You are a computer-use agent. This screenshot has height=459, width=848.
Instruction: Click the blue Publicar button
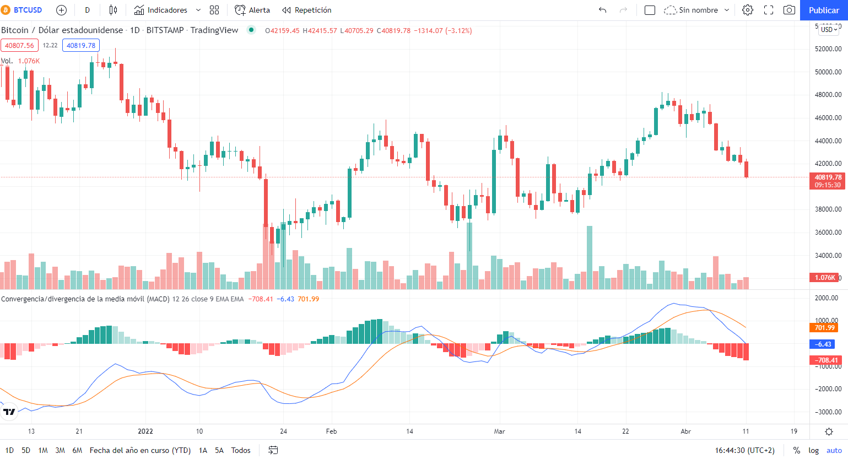pos(823,10)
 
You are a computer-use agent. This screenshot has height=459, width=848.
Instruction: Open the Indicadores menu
pos(161,10)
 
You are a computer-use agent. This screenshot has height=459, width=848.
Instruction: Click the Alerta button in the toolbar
pos(252,10)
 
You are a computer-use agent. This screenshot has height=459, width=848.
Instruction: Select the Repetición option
pos(307,10)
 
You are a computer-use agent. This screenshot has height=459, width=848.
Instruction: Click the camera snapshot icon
pos(789,10)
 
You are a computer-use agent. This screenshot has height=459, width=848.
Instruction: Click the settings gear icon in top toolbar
pos(747,10)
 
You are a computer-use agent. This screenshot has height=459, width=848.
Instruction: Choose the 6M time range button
pos(77,450)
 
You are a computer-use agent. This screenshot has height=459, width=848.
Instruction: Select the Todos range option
pos(241,450)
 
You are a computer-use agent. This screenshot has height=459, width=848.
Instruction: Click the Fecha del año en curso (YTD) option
pos(140,450)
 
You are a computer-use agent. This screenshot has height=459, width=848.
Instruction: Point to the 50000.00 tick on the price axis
pos(828,72)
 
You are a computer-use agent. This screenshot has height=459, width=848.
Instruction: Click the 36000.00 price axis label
pos(828,233)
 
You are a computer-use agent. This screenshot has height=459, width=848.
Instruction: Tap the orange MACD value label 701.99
pos(824,328)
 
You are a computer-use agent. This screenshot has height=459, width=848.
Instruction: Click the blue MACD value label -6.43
pos(824,344)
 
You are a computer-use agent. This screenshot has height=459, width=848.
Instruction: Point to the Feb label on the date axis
pos(331,431)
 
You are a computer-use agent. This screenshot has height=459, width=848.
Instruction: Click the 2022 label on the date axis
pos(145,431)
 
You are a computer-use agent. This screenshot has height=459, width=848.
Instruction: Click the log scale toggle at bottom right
pos(813,450)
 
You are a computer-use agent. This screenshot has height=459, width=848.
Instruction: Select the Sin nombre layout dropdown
pos(697,10)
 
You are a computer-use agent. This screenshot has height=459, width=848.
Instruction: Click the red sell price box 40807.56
pos(19,45)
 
